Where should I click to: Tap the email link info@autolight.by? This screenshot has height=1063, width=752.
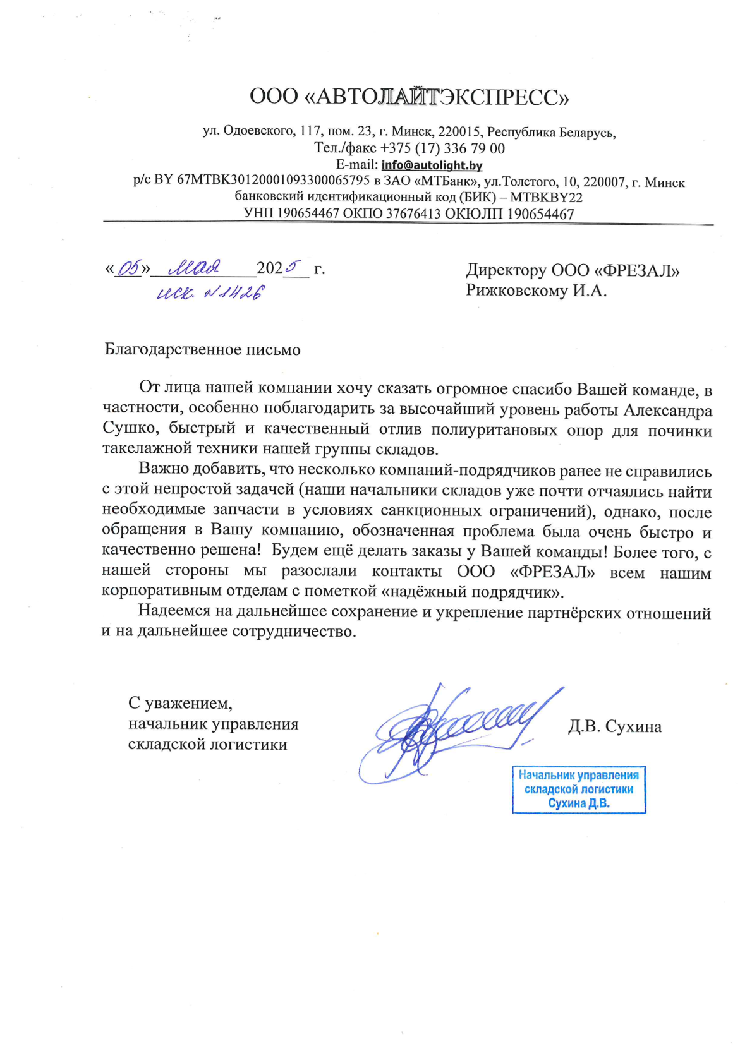(x=432, y=165)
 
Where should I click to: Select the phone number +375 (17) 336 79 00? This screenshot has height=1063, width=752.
(x=442, y=148)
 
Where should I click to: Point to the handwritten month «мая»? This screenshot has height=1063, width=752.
(x=195, y=268)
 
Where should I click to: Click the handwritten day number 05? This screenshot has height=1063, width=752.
(x=129, y=268)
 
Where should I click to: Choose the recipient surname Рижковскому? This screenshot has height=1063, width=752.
(x=517, y=291)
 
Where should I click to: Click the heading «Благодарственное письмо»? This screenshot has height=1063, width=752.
(x=202, y=350)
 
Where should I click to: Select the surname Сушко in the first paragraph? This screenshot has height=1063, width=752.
(x=128, y=428)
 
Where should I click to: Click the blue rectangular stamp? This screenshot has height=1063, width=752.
(x=578, y=790)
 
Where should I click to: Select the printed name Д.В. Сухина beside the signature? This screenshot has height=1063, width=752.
(x=614, y=726)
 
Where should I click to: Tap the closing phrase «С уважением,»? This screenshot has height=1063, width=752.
(x=180, y=703)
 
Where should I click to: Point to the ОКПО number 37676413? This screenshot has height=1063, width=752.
(x=413, y=214)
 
